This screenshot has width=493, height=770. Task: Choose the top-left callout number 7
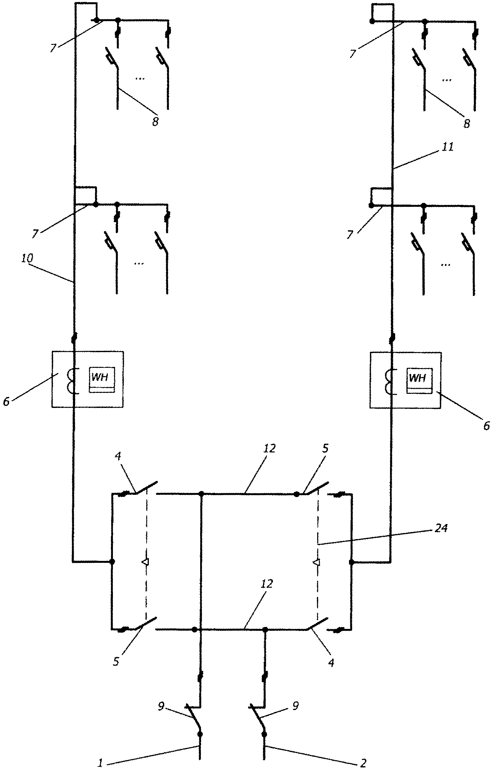(53, 48)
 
